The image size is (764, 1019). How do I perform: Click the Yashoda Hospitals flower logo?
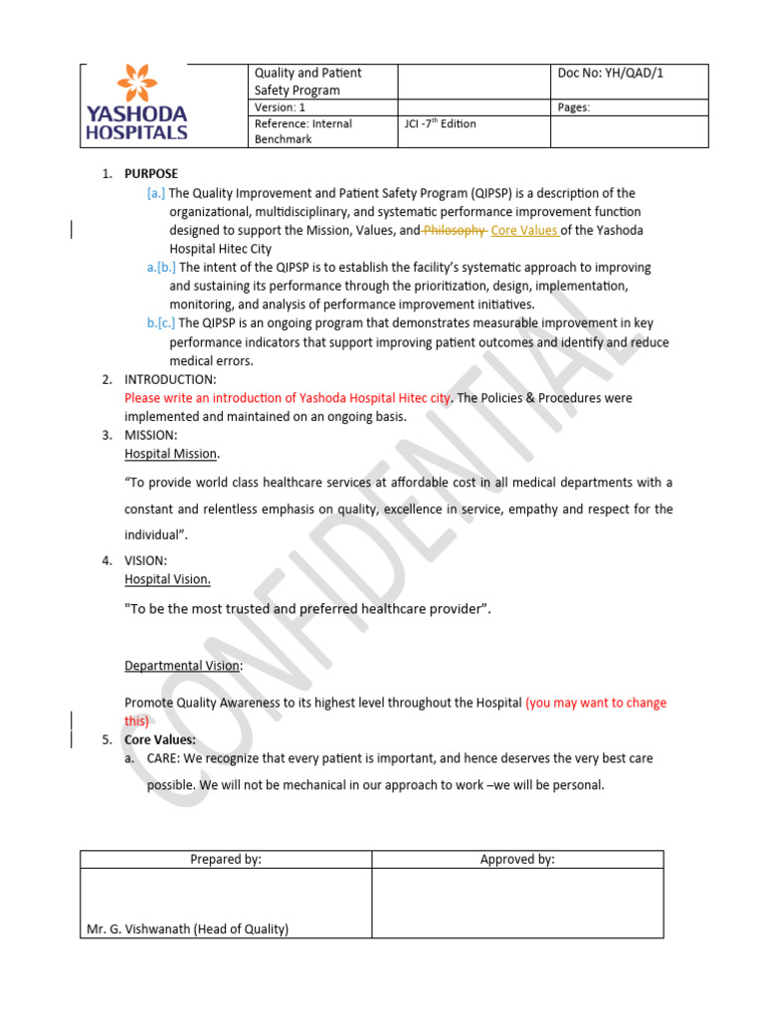pos(136,86)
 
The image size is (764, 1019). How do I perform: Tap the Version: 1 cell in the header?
pos(282,107)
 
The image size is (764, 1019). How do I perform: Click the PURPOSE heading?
pos(151,174)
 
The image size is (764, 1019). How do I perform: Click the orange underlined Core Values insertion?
pos(524,231)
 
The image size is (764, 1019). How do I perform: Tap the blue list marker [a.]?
pos(156,193)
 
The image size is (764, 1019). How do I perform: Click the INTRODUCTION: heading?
pos(169,380)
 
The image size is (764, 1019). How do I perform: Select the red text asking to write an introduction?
pos(287,398)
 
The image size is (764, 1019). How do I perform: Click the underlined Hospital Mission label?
pos(170,454)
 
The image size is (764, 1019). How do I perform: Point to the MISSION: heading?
pos(151,435)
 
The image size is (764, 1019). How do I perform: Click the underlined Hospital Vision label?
pos(167,579)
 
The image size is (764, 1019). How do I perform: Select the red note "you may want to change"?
pos(597,703)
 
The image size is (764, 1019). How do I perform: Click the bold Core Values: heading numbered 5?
pos(159,740)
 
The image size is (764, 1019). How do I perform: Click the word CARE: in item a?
pos(164,758)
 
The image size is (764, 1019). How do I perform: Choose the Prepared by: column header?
pos(226,860)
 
